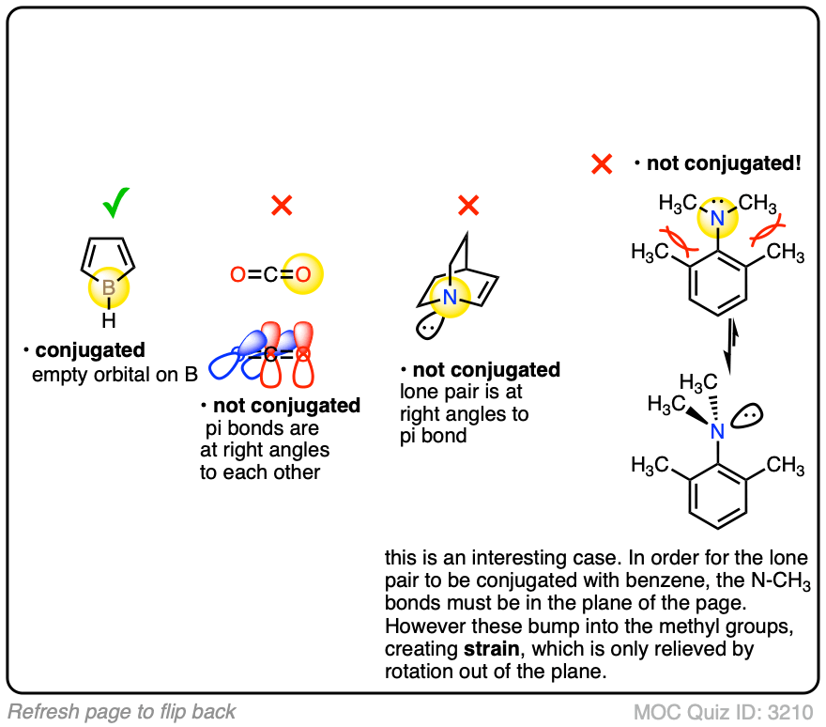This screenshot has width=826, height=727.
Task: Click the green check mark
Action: point(116,201)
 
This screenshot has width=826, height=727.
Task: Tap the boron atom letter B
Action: point(109,288)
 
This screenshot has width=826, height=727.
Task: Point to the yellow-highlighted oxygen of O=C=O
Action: point(304,274)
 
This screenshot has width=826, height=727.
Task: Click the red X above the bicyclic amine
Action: point(468,205)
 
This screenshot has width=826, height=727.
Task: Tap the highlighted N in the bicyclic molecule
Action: point(449,299)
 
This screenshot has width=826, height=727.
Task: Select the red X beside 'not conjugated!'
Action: point(602,165)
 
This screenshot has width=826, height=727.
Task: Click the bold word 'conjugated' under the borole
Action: point(90,351)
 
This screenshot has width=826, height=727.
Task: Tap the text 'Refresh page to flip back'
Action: point(122,711)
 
